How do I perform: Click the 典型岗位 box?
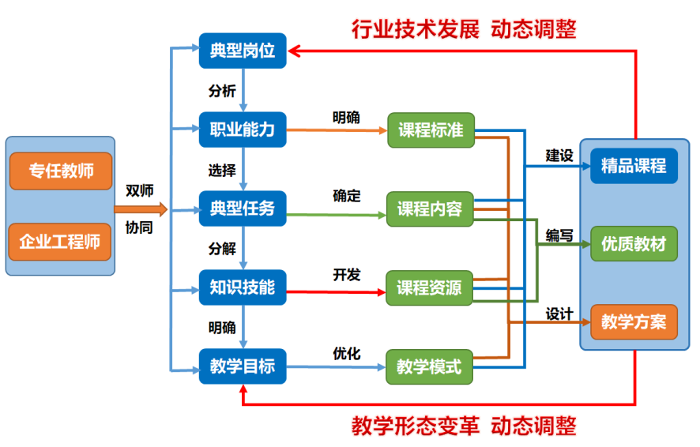243,51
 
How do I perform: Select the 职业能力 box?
243,130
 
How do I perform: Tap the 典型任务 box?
243,208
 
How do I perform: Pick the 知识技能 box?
243,287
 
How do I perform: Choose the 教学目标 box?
243,366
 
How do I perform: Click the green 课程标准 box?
431,130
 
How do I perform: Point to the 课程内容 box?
430,209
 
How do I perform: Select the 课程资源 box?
430,288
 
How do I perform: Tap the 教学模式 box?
430,367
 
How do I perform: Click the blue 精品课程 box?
634,166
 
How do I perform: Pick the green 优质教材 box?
634,244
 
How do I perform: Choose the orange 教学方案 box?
634,322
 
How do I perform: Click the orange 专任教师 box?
61,171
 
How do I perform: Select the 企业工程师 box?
60,242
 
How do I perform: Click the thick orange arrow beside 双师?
141,209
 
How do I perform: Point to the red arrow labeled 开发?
336,292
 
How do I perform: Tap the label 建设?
559,156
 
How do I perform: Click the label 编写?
559,235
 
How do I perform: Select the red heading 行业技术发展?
415,29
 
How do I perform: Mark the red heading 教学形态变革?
415,426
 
